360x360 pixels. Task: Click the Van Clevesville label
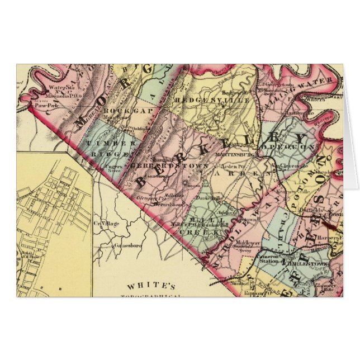pos(290,165)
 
